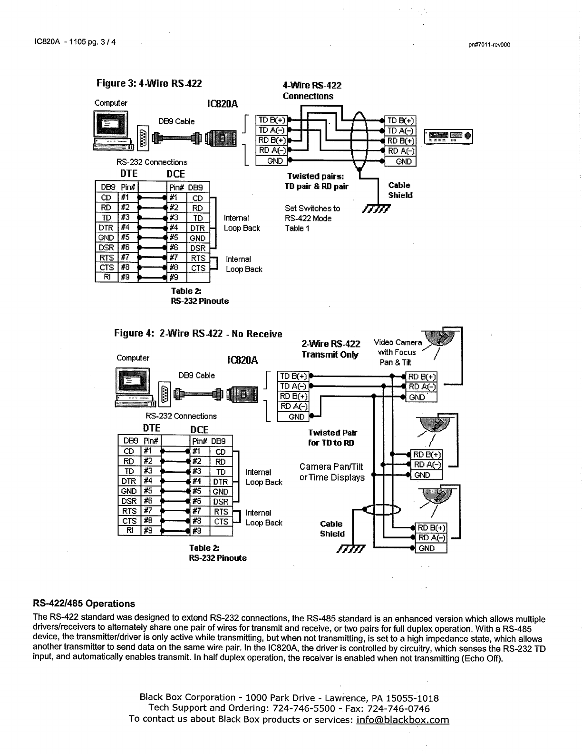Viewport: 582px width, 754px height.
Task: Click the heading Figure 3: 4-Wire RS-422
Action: (149, 84)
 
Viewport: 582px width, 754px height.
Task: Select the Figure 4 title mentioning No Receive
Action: (198, 334)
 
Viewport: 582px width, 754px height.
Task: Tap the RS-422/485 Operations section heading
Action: (84, 604)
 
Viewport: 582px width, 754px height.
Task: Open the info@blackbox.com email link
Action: (402, 719)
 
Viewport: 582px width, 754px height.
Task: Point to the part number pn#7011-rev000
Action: (489, 45)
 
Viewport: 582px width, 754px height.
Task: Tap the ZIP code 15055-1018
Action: (412, 698)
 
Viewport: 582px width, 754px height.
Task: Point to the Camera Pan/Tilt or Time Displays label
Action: (332, 472)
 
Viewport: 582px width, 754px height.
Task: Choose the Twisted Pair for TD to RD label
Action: (332, 437)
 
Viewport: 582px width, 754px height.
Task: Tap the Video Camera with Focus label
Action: (398, 352)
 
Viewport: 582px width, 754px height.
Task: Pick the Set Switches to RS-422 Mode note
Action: (312, 218)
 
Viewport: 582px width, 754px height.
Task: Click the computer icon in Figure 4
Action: (134, 388)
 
